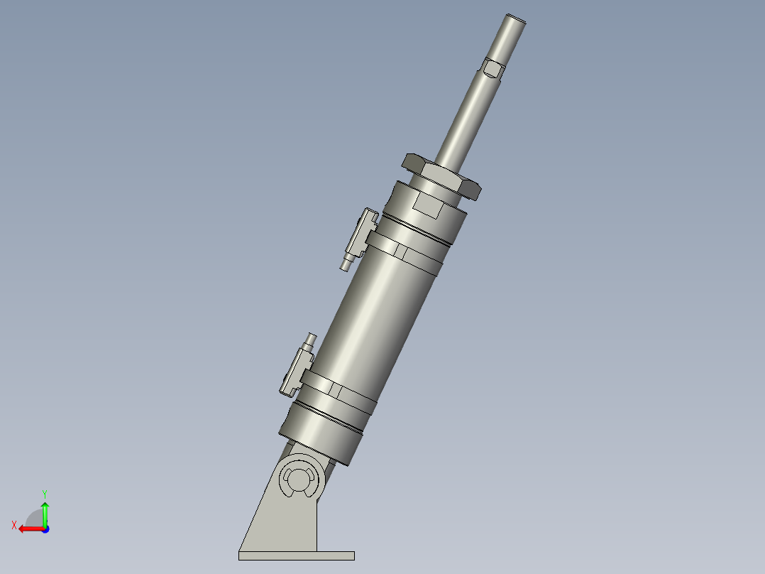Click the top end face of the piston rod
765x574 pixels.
pyautogui.click(x=516, y=18)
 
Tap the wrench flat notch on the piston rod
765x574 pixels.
pyautogui.click(x=492, y=68)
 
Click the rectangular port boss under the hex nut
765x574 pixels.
pyautogui.click(x=428, y=207)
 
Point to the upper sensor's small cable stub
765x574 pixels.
pyautogui.click(x=346, y=264)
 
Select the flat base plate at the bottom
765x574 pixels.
pyautogui.click(x=296, y=556)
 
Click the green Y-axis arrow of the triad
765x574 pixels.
pyautogui.click(x=45, y=510)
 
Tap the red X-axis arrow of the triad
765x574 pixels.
pyautogui.click(x=28, y=529)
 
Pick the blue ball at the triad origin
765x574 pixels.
pyautogui.click(x=45, y=529)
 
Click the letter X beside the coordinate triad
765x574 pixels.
pyautogui.click(x=13, y=525)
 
